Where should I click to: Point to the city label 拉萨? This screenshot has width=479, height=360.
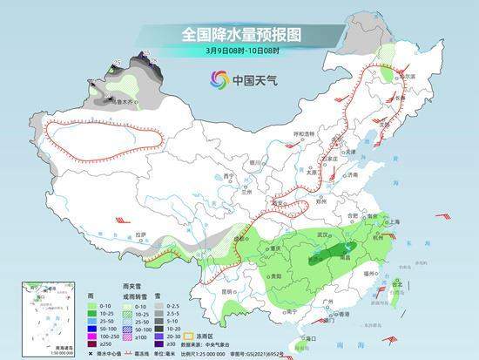[x=142, y=235]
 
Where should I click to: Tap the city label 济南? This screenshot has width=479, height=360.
[x=352, y=175]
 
